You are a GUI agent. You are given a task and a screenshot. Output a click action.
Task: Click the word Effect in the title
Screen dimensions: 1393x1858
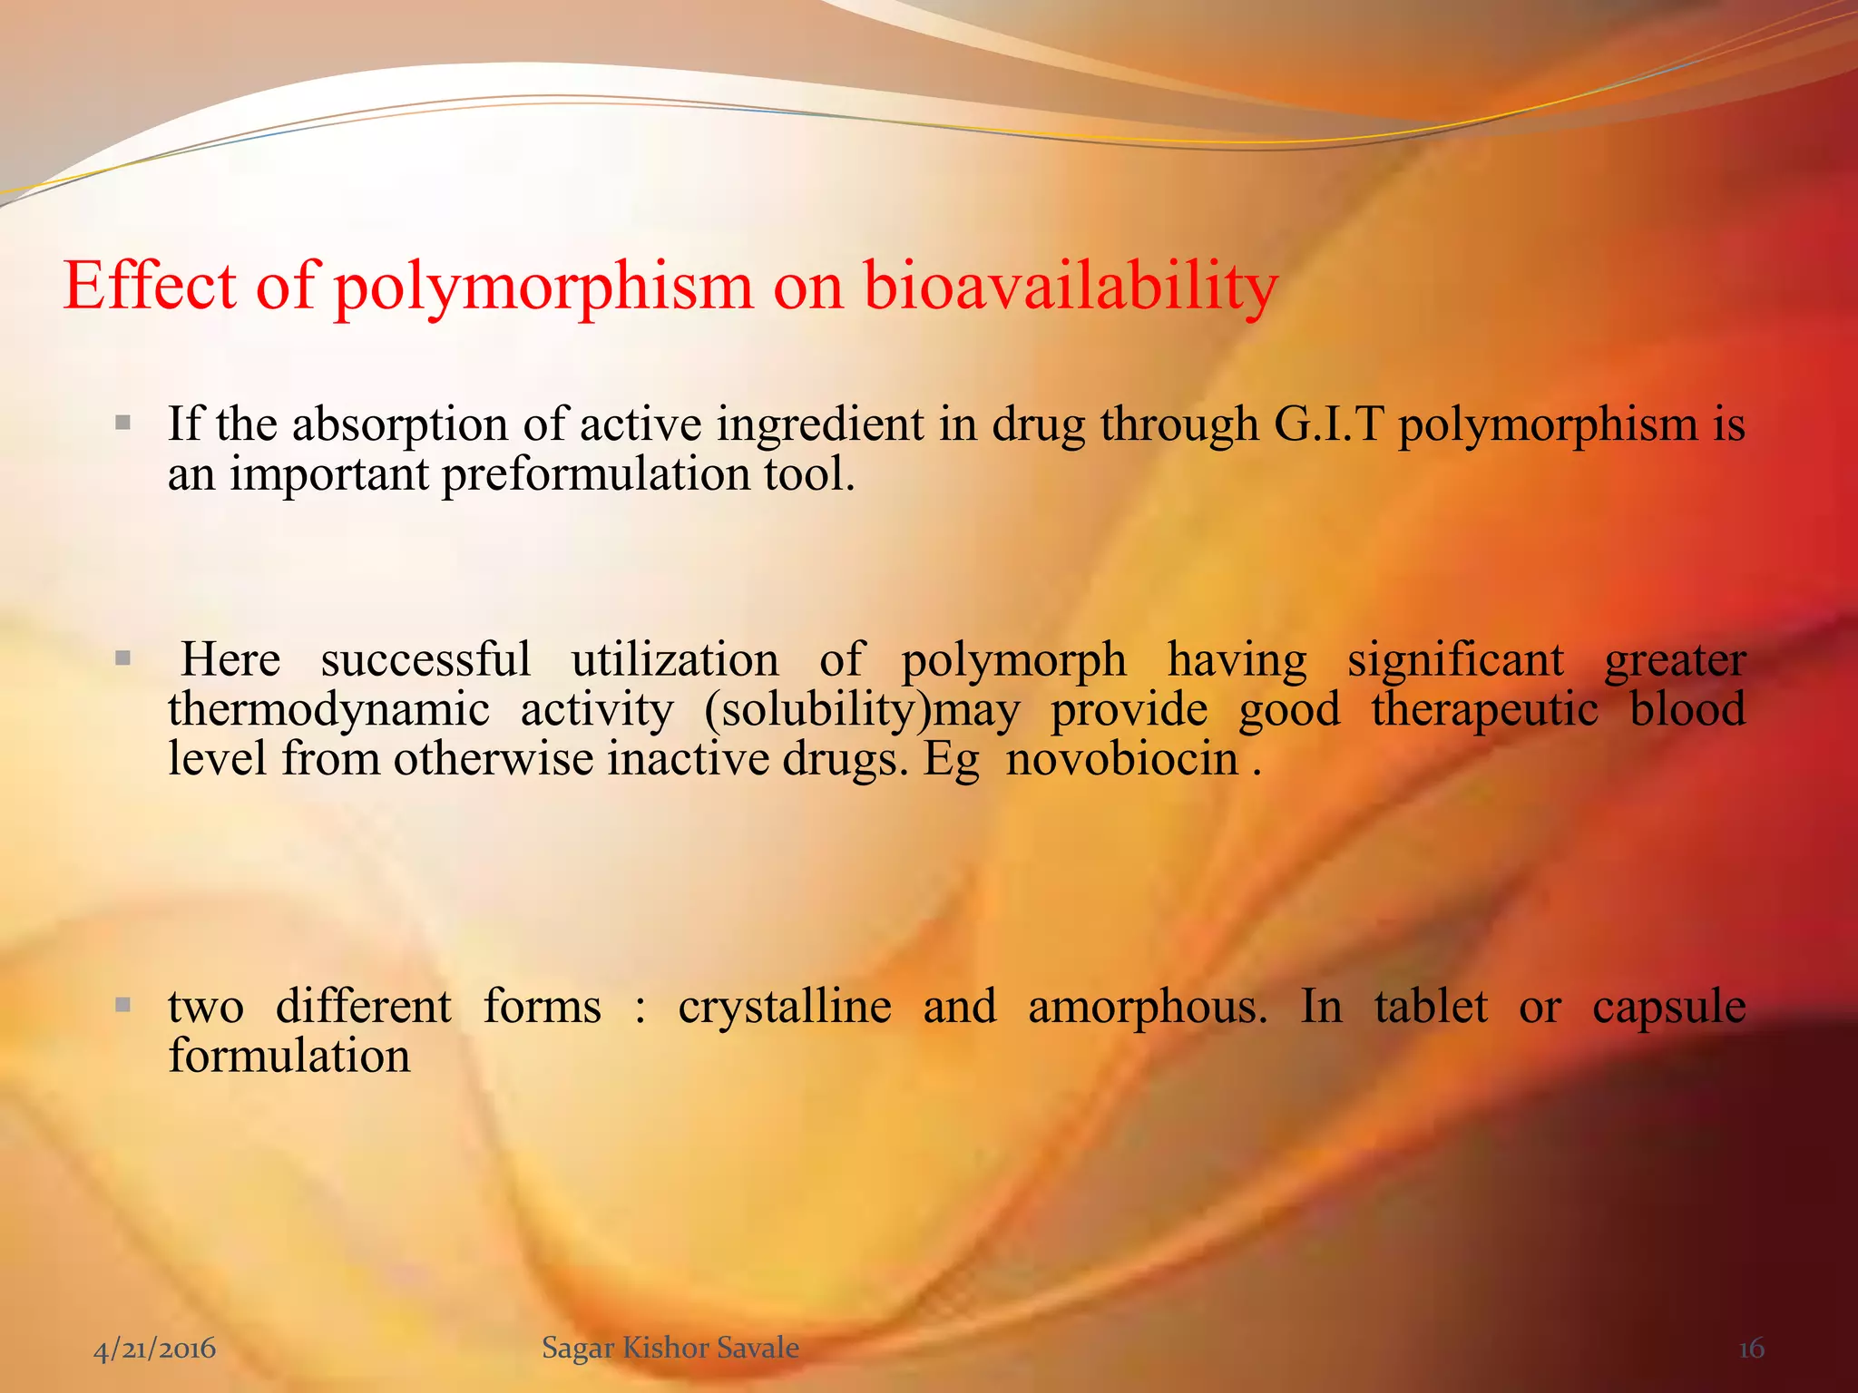(151, 286)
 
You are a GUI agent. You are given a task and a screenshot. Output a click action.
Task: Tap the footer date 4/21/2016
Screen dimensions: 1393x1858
(155, 1348)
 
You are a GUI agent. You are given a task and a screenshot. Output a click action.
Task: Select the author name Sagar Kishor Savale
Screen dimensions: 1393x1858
(670, 1348)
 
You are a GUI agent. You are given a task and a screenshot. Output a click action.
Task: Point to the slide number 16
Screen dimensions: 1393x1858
(1751, 1349)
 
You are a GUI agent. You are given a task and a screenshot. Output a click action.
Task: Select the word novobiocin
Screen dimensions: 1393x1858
(1122, 758)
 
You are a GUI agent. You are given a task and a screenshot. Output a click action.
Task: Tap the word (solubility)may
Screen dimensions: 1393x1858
(862, 709)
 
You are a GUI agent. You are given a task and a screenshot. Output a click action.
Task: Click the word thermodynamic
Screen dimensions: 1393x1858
(328, 709)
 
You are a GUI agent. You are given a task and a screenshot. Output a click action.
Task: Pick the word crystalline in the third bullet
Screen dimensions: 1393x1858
(785, 1007)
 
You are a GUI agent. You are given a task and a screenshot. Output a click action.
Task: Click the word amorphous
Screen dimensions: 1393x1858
(1148, 1007)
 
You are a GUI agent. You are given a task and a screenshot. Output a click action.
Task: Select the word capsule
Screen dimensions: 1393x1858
(1669, 1007)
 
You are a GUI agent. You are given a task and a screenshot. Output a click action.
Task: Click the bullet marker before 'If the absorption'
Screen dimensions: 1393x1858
(123, 423)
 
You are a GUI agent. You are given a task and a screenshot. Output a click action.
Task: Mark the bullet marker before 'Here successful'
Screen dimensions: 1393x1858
(123, 658)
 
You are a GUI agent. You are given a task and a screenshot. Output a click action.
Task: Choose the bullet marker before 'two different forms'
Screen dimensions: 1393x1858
(123, 1005)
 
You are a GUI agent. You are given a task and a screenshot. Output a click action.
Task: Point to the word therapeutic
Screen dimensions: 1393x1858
(1484, 709)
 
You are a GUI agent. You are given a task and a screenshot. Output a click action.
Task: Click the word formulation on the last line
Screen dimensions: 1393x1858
(289, 1057)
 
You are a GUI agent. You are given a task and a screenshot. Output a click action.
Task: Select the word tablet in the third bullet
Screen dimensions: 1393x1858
(1431, 1007)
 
